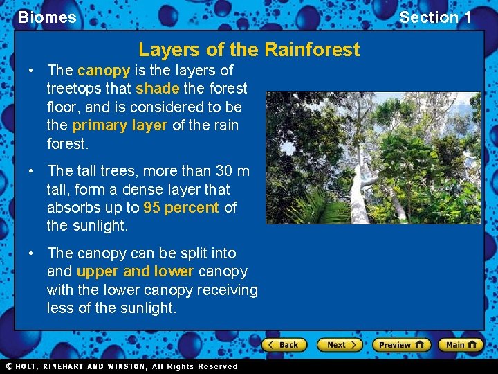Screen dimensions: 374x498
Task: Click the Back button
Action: coord(284,344)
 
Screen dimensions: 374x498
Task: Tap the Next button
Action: coord(340,344)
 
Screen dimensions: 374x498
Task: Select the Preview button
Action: coord(400,344)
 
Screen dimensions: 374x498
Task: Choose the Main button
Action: coord(460,344)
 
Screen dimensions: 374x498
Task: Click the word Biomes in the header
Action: coord(47,17)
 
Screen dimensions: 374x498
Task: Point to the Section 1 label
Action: coord(435,17)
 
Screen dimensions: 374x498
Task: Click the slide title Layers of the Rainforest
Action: coord(249,50)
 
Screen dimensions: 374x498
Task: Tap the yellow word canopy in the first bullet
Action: coord(104,71)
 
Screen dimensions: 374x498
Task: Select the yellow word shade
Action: coord(157,89)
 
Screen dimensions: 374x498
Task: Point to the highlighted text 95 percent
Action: coord(181,207)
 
